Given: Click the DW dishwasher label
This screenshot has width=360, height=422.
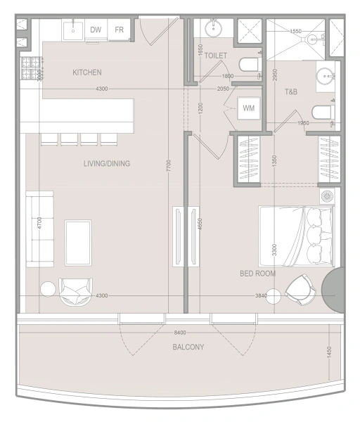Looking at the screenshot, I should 95,30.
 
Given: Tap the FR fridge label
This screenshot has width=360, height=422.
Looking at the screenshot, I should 120,30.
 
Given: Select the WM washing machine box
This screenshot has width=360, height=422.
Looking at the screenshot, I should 248,108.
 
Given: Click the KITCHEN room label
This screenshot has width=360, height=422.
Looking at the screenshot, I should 87,72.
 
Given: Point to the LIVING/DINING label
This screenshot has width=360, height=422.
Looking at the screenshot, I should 107,164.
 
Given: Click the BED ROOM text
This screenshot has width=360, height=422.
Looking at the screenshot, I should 257,273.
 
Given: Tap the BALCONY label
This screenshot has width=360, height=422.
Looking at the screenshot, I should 188,347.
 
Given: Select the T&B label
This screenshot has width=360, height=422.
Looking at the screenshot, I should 291,92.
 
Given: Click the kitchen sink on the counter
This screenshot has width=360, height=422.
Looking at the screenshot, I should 72,30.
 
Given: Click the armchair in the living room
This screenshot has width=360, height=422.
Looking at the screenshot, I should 75,290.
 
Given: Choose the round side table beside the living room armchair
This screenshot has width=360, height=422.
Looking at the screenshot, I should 48,290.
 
